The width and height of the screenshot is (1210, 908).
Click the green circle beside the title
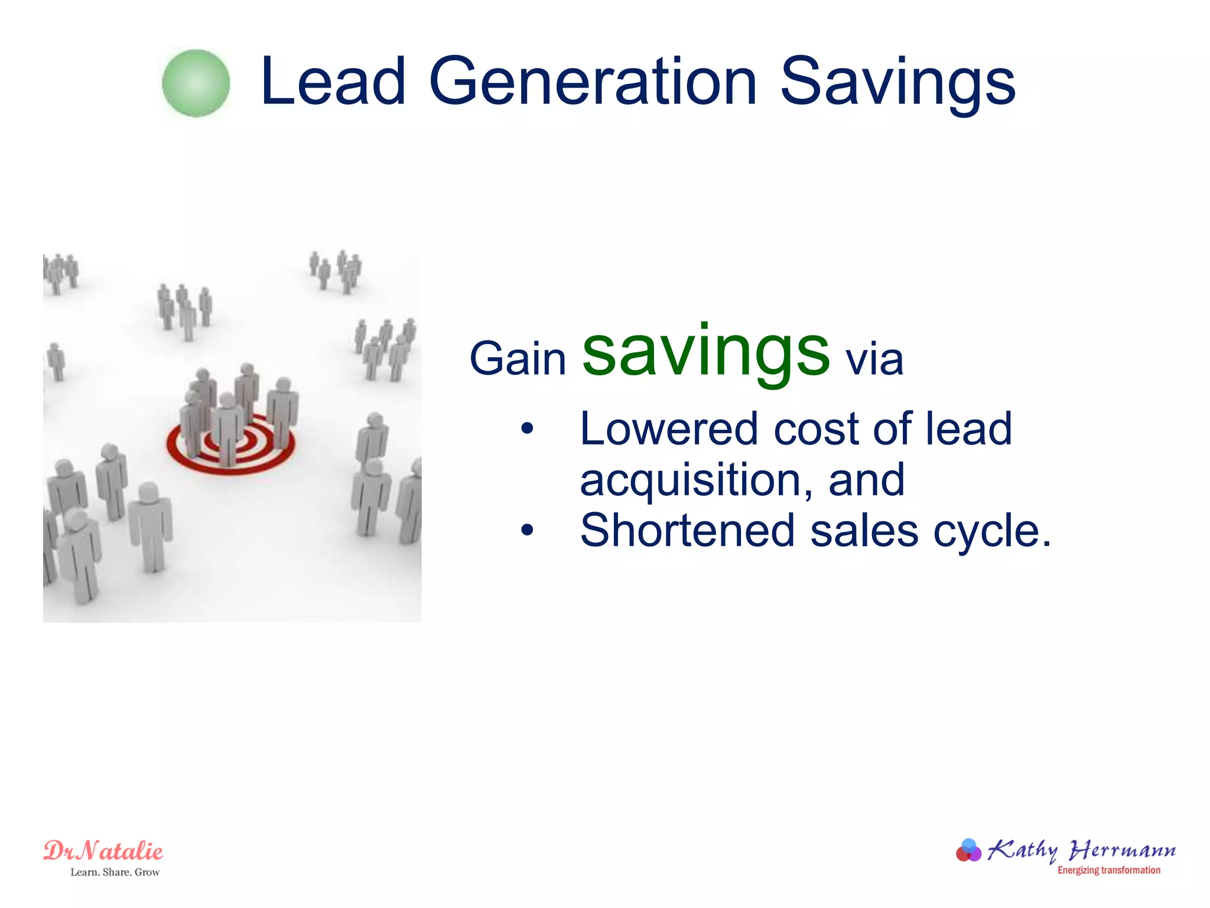(x=196, y=83)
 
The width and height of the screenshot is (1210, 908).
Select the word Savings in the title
(x=897, y=83)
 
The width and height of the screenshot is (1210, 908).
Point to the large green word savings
(x=706, y=353)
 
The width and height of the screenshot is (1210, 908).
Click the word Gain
(x=518, y=359)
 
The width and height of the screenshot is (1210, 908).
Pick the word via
(x=874, y=359)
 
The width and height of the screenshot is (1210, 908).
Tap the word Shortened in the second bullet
(x=687, y=531)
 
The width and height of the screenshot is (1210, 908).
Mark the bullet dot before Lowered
(x=527, y=429)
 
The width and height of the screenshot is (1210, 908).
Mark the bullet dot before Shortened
(x=527, y=530)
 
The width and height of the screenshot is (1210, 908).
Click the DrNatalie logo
(x=103, y=851)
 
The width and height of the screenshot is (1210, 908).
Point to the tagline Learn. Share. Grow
(x=115, y=873)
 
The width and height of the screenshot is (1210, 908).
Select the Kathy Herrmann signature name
(x=1081, y=850)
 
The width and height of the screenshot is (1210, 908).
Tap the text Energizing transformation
(x=1108, y=870)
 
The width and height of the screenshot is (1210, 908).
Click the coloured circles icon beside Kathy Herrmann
(x=968, y=851)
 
